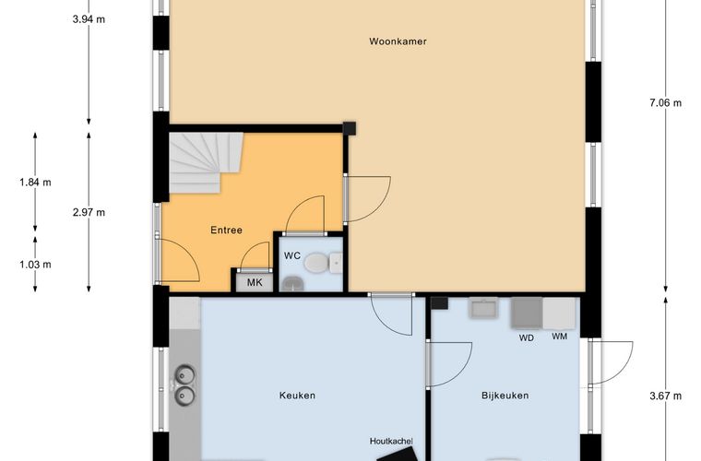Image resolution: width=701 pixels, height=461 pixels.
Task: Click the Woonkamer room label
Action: tap(398, 41)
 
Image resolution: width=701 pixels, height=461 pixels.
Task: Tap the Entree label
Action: tap(226, 230)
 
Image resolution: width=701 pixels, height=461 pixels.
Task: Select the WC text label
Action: tap(292, 256)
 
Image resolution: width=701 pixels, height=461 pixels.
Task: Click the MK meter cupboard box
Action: tap(255, 282)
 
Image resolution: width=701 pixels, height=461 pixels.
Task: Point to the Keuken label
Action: tap(297, 396)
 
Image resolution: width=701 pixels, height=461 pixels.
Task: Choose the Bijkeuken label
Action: tap(505, 396)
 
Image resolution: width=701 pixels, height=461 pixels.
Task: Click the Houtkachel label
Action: tap(391, 441)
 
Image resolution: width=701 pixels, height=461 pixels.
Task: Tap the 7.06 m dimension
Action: tap(665, 102)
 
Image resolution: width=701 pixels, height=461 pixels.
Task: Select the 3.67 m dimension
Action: tap(665, 396)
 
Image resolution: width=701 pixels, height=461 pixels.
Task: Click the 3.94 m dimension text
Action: tap(89, 19)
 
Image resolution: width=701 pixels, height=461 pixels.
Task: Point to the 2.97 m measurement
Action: tap(89, 212)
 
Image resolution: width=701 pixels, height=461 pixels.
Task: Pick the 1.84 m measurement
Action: tap(35, 182)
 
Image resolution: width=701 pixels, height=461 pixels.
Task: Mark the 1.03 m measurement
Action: tap(35, 265)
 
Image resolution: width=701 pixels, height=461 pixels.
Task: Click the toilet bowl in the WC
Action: tap(316, 263)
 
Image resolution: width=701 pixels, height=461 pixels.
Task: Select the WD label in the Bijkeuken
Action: tap(526, 338)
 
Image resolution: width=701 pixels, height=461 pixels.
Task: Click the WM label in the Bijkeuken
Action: tap(559, 337)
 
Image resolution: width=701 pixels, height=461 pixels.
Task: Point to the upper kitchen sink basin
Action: tap(184, 374)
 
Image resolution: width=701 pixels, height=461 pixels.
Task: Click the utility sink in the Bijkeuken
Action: tap(483, 308)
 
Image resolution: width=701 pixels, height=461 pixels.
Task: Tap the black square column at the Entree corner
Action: tap(350, 128)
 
